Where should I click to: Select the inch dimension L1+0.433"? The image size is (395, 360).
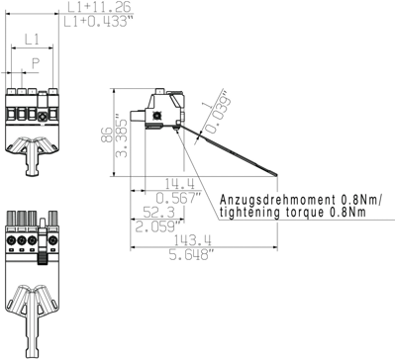[96, 21]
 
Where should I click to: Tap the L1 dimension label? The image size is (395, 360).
[31, 40]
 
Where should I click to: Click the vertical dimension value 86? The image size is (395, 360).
[106, 136]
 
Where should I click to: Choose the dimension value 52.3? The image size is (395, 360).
[157, 213]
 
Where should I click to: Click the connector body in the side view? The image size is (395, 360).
[162, 108]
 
